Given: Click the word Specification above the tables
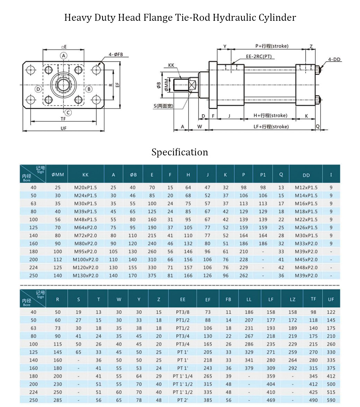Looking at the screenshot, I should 180,152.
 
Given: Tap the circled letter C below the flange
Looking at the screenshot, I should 68,112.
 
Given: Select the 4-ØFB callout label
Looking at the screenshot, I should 116,54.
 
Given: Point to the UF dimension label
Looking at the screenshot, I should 63,128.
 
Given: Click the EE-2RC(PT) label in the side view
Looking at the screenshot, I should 259,56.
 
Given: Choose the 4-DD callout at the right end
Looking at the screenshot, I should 334,60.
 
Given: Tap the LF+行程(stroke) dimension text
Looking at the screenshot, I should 271,127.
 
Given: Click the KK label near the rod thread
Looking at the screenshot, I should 171,65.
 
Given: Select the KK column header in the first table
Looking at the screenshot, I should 86,175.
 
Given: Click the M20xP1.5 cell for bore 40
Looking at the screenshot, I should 86,188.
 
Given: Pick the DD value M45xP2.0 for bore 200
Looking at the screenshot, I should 306,260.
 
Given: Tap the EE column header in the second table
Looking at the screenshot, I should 183,299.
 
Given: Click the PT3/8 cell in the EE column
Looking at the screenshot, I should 183,312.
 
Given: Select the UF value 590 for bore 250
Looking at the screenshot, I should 331,400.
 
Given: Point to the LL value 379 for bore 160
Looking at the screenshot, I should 249,368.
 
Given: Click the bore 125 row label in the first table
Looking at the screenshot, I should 34,227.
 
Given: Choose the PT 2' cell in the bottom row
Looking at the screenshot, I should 183,400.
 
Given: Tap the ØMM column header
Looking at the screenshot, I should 58,175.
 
